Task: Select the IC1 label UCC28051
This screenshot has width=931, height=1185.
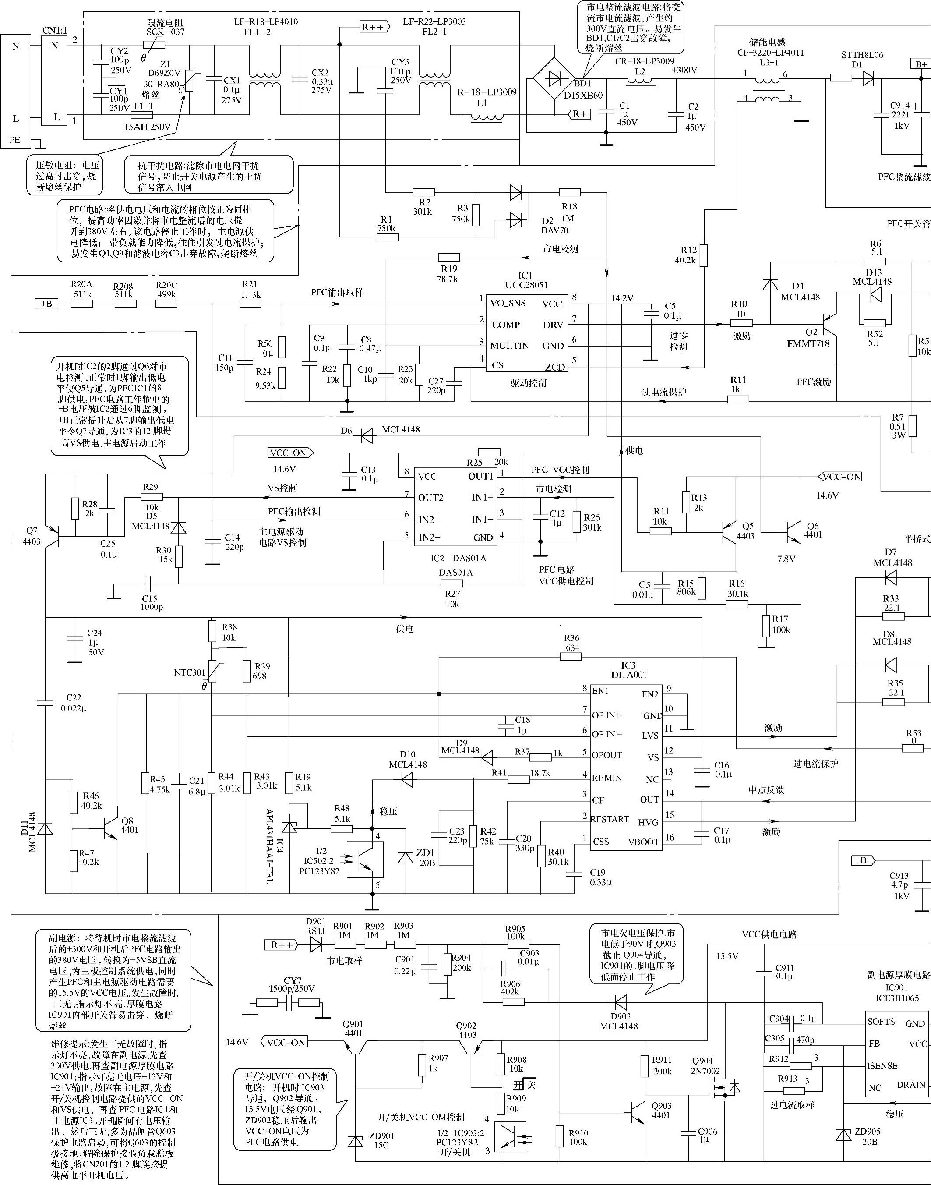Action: (x=526, y=285)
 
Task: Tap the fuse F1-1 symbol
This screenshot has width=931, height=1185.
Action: (x=142, y=115)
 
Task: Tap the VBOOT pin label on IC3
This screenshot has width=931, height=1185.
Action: (x=644, y=842)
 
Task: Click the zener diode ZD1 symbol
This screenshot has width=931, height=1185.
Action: (x=406, y=858)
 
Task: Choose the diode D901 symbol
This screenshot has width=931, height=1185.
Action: (x=316, y=945)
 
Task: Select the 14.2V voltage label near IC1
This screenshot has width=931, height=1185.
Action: (x=622, y=298)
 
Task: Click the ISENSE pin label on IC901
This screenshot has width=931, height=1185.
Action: (x=882, y=1065)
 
